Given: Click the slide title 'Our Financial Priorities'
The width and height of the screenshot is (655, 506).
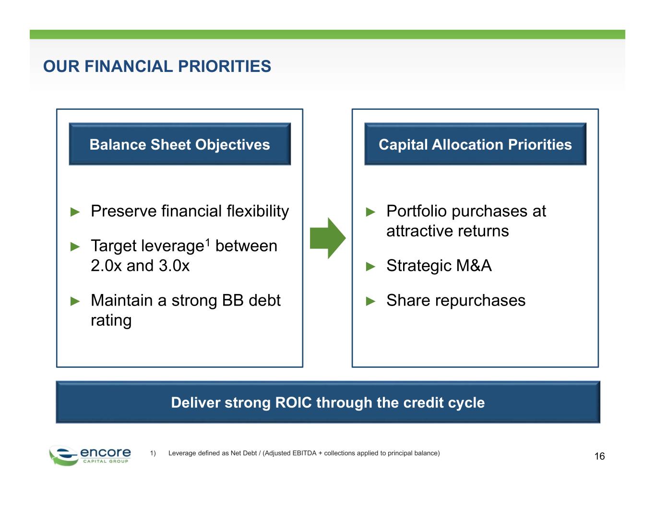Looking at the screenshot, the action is click(157, 66).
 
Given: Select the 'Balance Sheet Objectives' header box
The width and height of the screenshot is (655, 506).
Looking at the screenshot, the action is click(179, 144).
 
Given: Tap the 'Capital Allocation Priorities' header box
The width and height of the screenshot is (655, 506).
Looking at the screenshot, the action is click(476, 144).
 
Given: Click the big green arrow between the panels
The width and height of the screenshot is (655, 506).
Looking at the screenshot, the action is click(328, 238).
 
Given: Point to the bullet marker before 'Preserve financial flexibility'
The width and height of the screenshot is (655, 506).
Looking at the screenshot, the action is click(75, 212).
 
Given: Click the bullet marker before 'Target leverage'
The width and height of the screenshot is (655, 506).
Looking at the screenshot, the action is click(75, 247).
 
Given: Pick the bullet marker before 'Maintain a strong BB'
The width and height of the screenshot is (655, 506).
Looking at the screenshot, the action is click(75, 301).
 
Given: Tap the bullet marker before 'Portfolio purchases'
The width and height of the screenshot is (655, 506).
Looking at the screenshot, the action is click(370, 212).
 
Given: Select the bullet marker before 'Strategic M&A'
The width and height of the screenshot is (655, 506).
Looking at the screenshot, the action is click(370, 267).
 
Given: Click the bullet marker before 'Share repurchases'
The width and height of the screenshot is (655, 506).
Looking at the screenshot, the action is click(370, 301).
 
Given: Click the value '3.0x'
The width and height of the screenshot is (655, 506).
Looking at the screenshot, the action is click(174, 266).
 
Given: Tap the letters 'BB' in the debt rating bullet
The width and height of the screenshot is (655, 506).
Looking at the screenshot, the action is click(233, 300).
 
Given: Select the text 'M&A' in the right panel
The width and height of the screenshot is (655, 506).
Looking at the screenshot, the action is click(474, 266).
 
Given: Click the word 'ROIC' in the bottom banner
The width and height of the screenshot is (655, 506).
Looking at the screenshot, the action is click(293, 403).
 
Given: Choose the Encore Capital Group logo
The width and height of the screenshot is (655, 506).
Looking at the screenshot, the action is click(90, 456).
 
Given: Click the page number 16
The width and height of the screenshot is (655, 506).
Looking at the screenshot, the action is click(599, 456).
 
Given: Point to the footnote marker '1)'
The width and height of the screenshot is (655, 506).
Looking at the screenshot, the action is click(153, 453).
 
